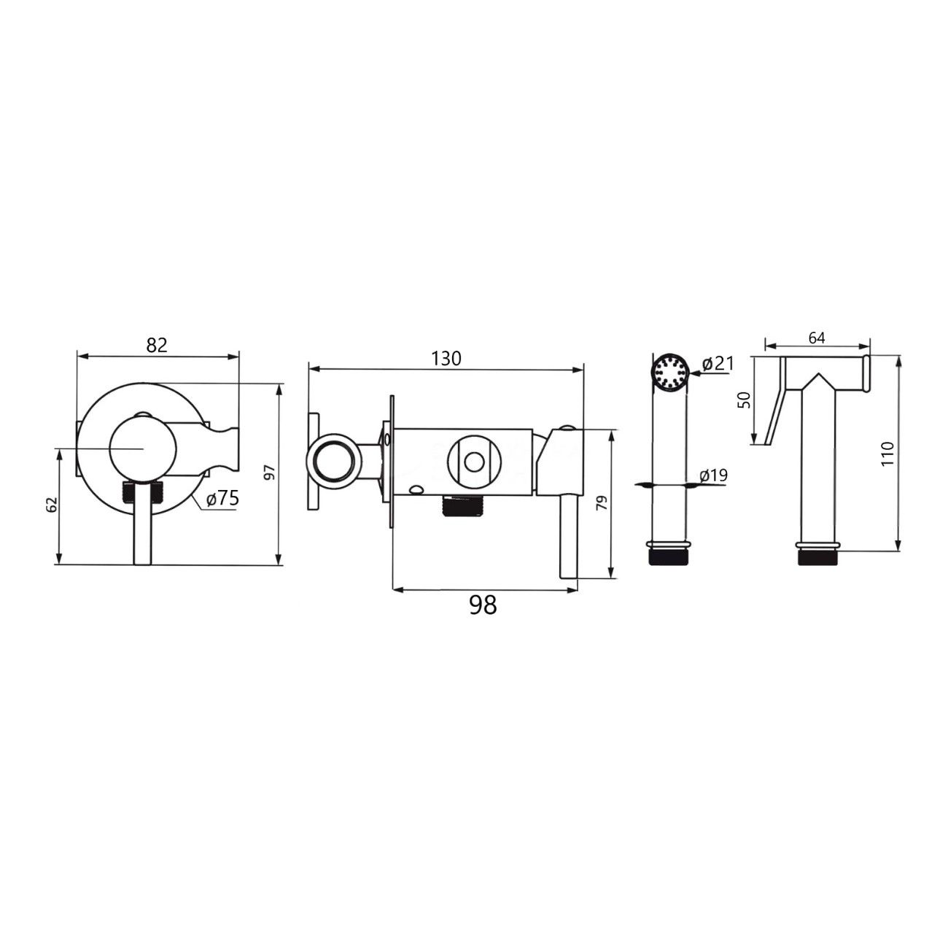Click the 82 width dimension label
click(157, 345)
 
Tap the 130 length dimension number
click(446, 359)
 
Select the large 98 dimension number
click(483, 605)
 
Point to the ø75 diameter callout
click(223, 498)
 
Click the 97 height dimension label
click(271, 473)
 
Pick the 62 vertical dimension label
click(53, 504)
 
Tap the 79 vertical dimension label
click(602, 502)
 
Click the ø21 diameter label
click(718, 364)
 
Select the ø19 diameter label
click(713, 475)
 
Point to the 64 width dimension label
click(817, 338)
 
